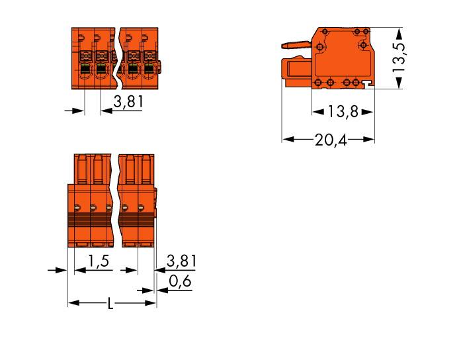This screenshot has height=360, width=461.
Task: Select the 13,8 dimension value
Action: coord(343,112)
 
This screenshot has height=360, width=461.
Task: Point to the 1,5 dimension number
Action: coord(99,262)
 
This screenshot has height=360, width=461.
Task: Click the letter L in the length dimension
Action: coord(111,304)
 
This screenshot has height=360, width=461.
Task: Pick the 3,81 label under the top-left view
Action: coord(128,103)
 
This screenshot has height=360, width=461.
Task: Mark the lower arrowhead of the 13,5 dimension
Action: coord(399,84)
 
